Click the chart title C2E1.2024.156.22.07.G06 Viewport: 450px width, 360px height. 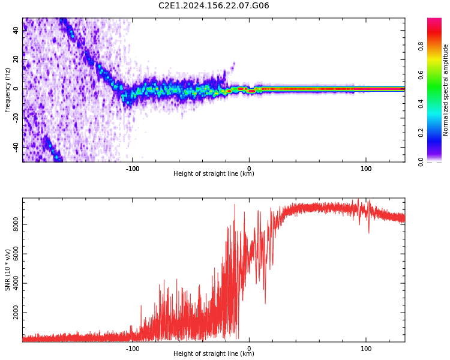pyautogui.click(x=214, y=5)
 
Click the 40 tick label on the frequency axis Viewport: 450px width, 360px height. pyautogui.click(x=16, y=29)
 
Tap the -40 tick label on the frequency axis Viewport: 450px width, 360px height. pyautogui.click(x=16, y=146)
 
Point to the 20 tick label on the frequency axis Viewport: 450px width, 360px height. pyautogui.click(x=16, y=59)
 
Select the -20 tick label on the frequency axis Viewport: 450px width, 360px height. pyautogui.click(x=16, y=118)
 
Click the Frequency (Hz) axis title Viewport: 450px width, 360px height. pyautogui.click(x=8, y=90)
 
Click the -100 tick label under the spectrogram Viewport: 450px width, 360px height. pyautogui.click(x=133, y=169)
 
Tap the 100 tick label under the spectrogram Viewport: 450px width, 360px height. pyautogui.click(x=366, y=169)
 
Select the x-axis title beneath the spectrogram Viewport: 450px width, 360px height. pyautogui.click(x=214, y=174)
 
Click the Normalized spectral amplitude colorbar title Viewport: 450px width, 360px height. pyautogui.click(x=446, y=90)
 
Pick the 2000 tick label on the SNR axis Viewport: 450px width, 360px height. pyautogui.click(x=16, y=313)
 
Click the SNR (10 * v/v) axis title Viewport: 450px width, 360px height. pyautogui.click(x=8, y=270)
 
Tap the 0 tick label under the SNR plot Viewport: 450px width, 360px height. pyautogui.click(x=250, y=349)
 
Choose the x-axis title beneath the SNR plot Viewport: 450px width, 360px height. pyautogui.click(x=214, y=354)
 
